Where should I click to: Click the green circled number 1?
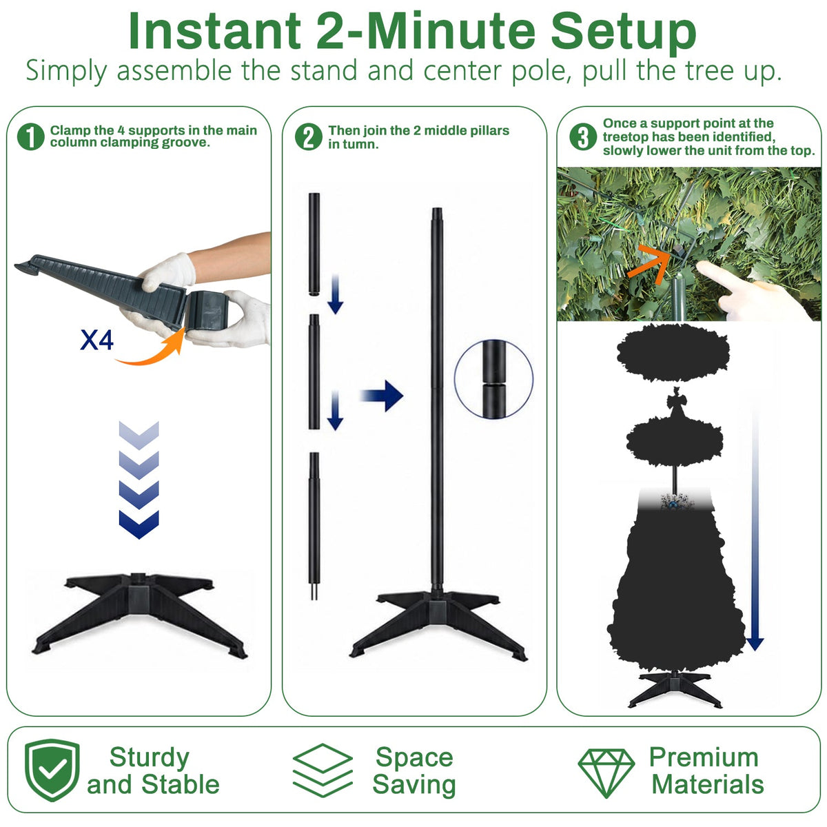31,137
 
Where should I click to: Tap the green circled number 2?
309,137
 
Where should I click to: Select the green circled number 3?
583,137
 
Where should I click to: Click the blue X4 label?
97,340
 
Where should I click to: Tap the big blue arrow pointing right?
382,396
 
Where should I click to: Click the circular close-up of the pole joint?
493,378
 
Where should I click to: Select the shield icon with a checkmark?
52,770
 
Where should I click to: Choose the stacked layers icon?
323,770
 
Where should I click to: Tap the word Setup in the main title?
623,33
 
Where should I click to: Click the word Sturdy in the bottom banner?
150,758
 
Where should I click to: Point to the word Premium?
704,757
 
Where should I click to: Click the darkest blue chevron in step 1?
139,524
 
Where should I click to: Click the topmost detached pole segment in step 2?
314,244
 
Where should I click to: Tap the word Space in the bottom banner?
414,757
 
